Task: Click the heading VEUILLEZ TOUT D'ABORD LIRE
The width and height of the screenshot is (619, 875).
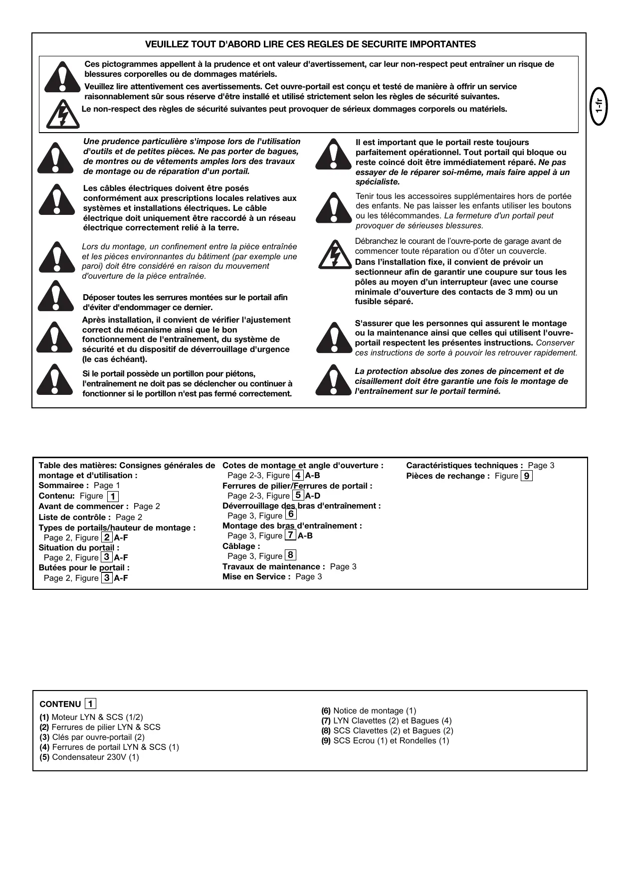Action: tap(310, 44)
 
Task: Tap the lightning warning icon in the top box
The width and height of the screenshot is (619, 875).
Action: tap(62, 114)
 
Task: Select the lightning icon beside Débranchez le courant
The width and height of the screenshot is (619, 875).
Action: tap(335, 254)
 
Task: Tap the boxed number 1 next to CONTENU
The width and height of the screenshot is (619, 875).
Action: tap(90, 703)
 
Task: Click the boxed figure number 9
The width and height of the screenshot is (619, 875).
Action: tap(527, 476)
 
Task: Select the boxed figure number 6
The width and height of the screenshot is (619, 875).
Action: tap(291, 514)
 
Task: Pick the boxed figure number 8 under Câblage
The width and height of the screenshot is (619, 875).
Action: tap(290, 555)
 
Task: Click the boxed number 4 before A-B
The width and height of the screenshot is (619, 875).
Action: tap(298, 475)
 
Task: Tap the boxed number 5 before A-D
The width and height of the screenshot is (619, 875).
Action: tap(298, 495)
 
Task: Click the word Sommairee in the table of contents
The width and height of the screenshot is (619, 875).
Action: tap(61, 486)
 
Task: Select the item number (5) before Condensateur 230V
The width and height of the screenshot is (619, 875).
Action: tap(44, 757)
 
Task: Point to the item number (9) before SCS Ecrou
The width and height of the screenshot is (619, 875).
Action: tap(326, 740)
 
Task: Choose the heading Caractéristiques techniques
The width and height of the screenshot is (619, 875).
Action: tap(464, 466)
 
